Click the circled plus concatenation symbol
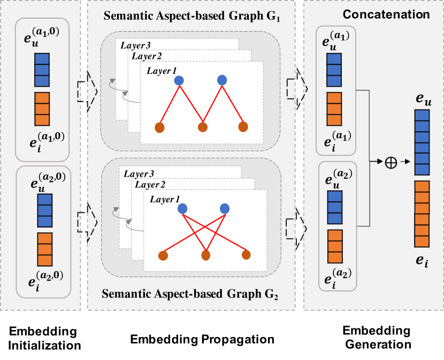391,162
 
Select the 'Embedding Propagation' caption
202,339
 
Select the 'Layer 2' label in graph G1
147,56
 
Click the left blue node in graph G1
179,80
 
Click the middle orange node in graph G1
202,127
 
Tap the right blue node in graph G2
224,208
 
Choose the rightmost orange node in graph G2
246,254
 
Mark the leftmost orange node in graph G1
159,127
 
